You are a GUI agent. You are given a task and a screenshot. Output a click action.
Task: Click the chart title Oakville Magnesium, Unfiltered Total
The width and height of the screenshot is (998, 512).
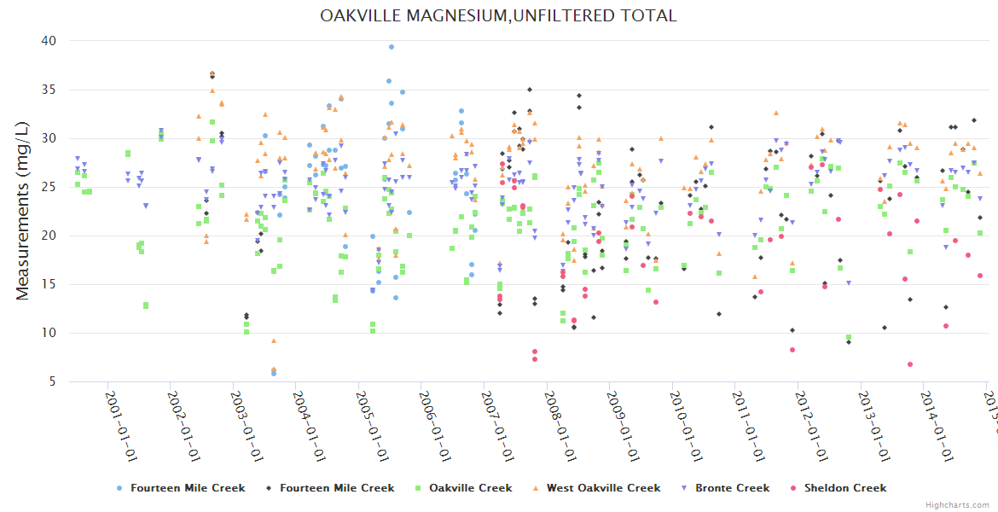pos(498,15)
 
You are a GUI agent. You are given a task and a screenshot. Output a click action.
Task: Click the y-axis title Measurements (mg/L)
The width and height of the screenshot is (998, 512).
pos(23,212)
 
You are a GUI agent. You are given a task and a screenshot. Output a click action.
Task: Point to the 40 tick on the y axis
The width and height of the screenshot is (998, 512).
pos(48,41)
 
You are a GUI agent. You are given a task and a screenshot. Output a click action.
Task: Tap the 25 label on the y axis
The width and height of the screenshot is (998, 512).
pos(48,187)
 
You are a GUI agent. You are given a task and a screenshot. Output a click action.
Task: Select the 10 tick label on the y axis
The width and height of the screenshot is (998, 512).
pos(48,333)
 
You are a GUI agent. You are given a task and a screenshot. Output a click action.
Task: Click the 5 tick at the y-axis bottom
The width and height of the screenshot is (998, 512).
pos(51,381)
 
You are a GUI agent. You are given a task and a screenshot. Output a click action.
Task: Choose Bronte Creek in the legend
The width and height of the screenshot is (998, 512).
pos(732,488)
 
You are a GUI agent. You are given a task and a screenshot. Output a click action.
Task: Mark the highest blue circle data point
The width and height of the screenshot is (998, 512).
pos(392,47)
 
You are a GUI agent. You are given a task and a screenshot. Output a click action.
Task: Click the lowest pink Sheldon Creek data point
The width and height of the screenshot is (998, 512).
pos(911,364)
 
